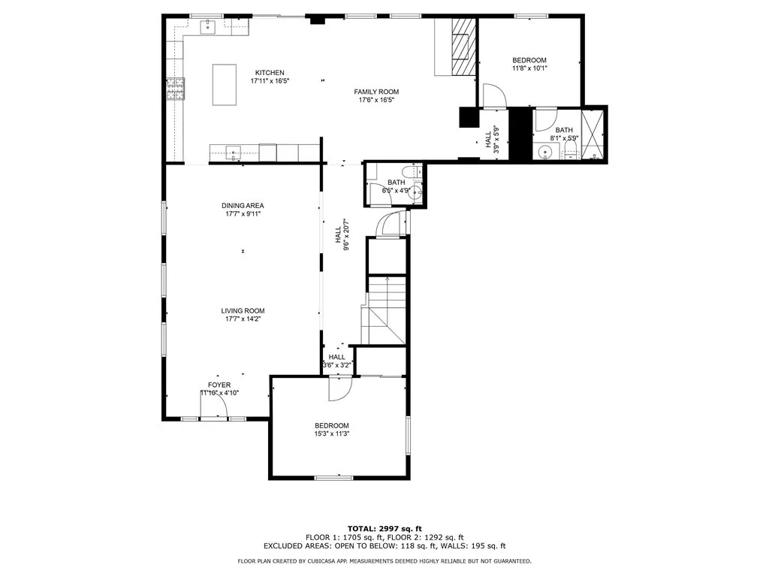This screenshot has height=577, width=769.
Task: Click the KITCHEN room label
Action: [x=270, y=72]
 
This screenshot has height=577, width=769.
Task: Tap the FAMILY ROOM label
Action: [x=376, y=92]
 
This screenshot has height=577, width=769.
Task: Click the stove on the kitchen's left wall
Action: [x=176, y=89]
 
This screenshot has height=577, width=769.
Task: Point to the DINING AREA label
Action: [x=243, y=205]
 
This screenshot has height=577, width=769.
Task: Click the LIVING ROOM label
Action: [x=243, y=310]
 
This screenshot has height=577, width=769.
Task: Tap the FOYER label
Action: [x=219, y=385]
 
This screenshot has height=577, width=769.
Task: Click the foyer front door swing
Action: [x=215, y=406]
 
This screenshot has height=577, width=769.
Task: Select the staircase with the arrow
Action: [x=385, y=310]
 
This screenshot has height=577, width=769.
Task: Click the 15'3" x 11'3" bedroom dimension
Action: [x=332, y=433]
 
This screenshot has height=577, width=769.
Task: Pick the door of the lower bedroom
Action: [x=339, y=388]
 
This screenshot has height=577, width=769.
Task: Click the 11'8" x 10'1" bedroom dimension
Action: [x=529, y=68]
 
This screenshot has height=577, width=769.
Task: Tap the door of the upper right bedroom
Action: [x=494, y=96]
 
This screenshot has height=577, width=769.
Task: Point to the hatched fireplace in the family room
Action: [x=464, y=47]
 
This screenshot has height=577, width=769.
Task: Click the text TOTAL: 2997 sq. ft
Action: [x=384, y=528]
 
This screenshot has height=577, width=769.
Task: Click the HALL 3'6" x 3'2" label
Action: [x=337, y=361]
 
